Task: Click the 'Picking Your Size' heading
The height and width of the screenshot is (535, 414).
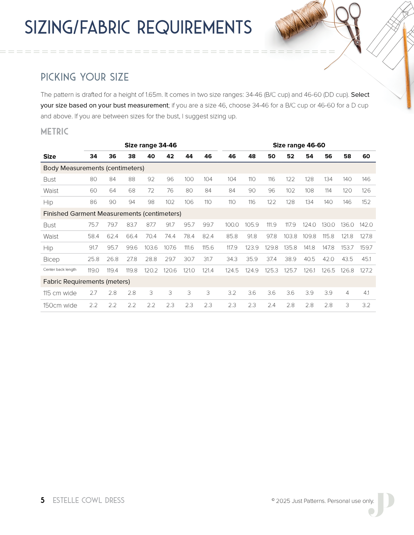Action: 85,77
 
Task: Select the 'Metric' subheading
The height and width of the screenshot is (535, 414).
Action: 54,132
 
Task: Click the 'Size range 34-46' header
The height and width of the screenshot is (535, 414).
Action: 151,145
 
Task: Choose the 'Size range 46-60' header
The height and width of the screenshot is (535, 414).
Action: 299,145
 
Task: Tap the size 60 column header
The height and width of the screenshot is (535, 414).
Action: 366,156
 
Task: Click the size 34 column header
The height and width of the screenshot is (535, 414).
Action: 93,156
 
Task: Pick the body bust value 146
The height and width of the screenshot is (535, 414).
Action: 366,179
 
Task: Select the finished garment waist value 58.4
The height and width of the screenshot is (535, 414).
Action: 93,236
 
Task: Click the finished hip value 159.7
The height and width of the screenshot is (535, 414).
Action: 366,248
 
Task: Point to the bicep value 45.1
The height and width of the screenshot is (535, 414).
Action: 366,259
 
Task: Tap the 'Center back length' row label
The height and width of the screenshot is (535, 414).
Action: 60,270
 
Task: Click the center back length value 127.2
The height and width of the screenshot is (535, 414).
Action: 366,270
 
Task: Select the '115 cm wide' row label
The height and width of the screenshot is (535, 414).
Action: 60,293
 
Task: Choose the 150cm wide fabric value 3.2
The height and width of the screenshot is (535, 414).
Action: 366,305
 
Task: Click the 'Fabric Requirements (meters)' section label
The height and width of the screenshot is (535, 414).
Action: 87,282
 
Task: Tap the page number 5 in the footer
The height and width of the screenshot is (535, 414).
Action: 43,500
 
